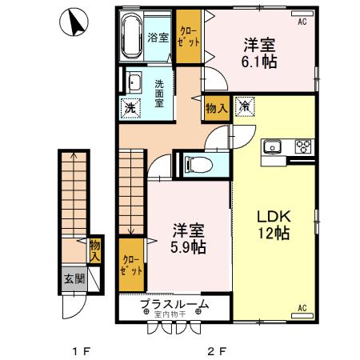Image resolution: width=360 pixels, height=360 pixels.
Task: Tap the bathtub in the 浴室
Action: point(131,37)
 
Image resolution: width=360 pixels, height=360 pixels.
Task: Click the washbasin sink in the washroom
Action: point(134,82)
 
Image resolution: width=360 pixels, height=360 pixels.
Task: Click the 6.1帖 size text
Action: point(261,62)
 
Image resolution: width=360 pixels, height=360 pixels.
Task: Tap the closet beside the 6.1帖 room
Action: point(189,36)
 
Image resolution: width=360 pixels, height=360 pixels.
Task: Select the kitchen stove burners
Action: point(303,146)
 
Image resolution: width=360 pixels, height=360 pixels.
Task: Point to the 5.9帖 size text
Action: point(189,248)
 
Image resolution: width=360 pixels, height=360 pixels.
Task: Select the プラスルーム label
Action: point(174,304)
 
